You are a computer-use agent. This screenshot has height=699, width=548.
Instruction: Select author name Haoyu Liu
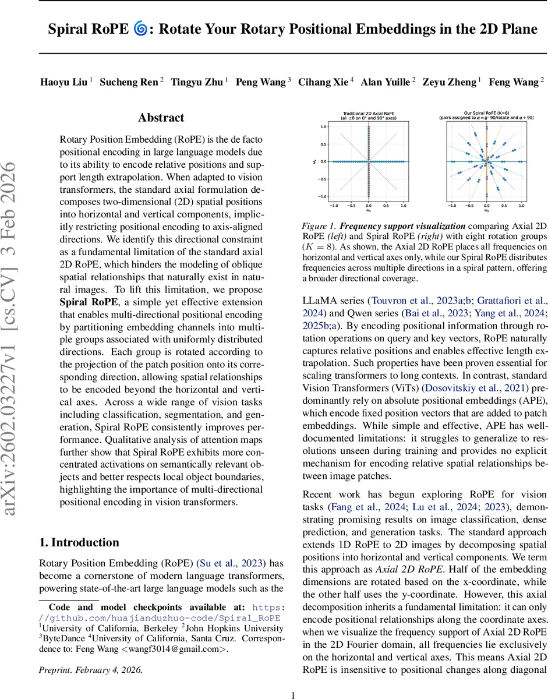(x=64, y=82)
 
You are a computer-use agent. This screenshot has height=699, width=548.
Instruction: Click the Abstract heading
(x=161, y=118)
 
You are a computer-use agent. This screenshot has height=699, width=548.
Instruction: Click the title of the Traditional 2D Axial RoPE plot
(x=368, y=115)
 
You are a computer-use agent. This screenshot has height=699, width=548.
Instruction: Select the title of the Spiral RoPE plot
(x=486, y=115)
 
